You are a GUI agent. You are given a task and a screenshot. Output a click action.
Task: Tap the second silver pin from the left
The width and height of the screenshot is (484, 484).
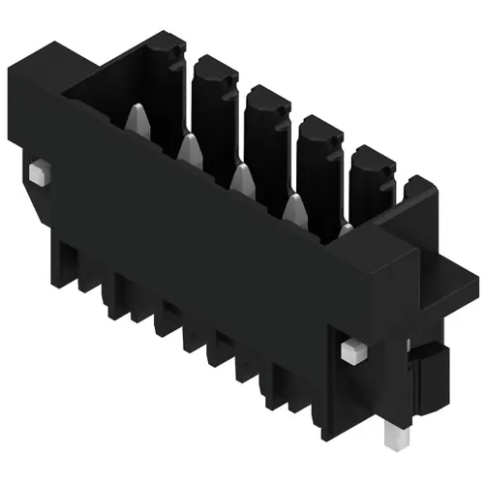click(190, 148)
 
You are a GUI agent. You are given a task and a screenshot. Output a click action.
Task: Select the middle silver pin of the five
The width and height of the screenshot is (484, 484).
click(240, 176)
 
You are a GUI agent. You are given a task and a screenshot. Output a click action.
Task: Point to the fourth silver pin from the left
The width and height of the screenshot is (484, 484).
click(292, 204)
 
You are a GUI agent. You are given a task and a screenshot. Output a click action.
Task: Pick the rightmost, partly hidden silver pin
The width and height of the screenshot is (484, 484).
click(346, 230)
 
